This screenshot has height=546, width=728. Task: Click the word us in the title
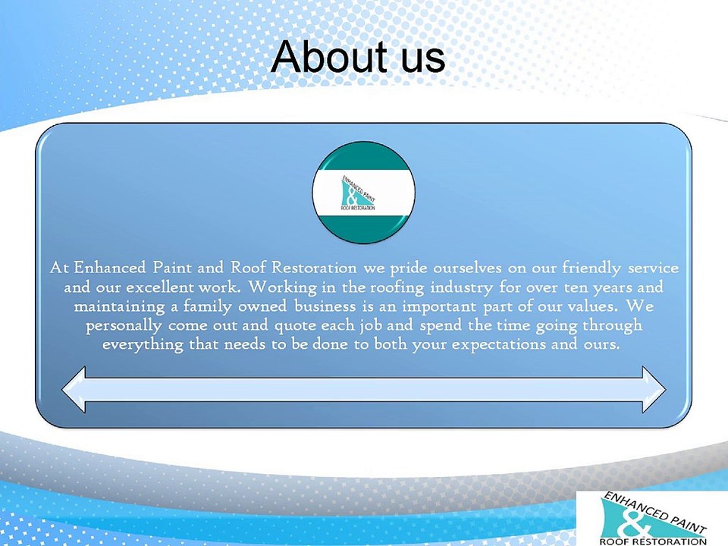coord(423,61)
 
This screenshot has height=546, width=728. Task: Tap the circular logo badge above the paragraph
coord(363,193)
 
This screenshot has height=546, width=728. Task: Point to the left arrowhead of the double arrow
coord(74,390)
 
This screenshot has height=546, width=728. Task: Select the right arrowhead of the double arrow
coord(654,390)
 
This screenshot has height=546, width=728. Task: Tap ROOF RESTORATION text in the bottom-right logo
coord(653,541)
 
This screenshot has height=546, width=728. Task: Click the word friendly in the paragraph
coord(591,268)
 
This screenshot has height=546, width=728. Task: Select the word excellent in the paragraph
coord(159,287)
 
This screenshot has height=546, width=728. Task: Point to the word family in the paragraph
coord(207,307)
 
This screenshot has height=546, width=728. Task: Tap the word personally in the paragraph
coord(124,326)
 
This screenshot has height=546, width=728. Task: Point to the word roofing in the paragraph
coord(397,288)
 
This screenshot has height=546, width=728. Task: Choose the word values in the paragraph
coord(591,306)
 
